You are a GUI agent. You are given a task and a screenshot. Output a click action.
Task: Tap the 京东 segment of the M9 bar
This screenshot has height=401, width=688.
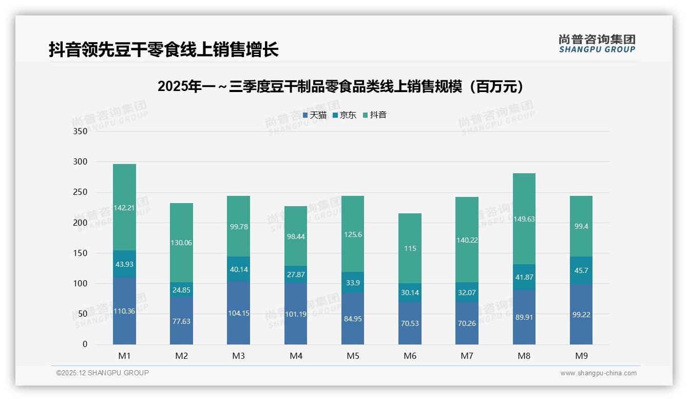[581, 270]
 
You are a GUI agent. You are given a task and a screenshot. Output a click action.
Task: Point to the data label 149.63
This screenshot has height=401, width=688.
[524, 219]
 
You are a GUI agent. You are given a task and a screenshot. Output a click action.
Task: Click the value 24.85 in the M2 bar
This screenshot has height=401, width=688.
[181, 290]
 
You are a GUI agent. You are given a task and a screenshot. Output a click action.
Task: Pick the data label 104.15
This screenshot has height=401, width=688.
[239, 313]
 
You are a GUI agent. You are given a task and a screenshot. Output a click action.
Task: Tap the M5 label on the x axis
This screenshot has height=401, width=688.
[353, 356]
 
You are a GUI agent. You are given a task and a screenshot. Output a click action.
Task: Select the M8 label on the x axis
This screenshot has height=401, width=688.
[524, 356]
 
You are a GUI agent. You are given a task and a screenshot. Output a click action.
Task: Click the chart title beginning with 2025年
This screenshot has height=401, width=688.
[343, 86]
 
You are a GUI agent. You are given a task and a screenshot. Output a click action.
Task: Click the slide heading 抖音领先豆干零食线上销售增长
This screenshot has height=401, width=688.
[163, 49]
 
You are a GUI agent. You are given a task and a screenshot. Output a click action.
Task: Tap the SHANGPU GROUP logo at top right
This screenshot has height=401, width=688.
[597, 44]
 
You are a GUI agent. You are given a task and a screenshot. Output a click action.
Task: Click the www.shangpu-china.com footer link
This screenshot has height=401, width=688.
[598, 373]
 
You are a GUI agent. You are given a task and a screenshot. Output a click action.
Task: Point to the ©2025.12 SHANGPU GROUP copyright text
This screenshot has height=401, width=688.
[102, 373]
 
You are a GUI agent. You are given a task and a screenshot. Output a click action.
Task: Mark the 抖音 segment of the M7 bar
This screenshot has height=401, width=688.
[467, 240]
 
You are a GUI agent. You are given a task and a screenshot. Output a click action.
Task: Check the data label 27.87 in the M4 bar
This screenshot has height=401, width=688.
[296, 275]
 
